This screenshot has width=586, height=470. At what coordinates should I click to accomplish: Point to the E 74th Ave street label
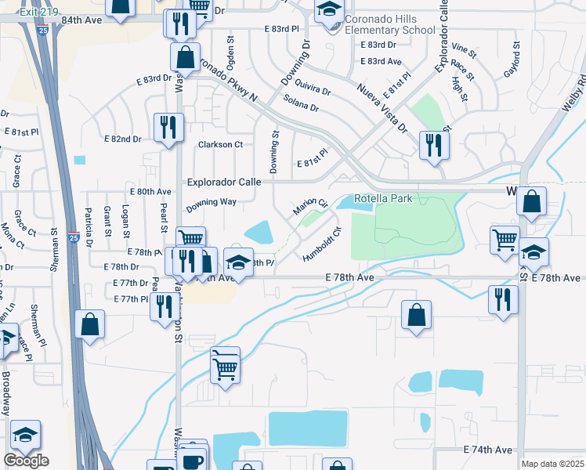487,450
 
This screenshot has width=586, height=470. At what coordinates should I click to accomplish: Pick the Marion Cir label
310,208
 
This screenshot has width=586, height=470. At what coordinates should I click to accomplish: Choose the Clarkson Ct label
220,144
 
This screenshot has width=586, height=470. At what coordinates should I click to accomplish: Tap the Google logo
26,461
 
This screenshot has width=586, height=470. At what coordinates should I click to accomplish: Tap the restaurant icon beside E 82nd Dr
168,127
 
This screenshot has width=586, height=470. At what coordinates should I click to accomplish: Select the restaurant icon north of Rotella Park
432,145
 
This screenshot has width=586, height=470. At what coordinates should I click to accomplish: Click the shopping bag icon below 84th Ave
186,57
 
